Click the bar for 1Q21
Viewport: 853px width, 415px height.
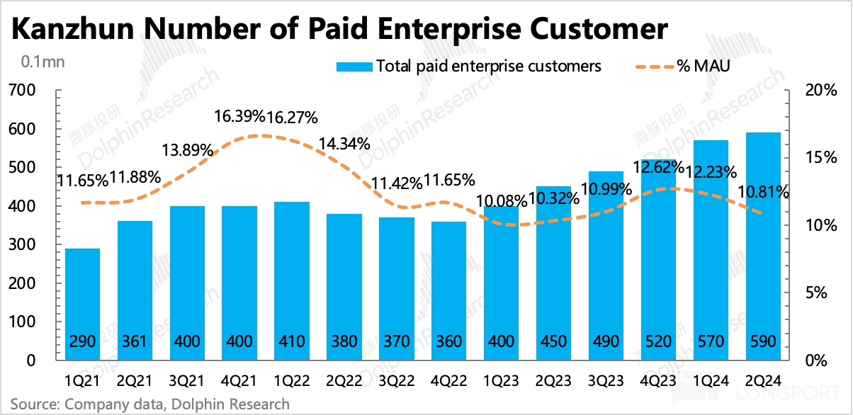tap(83, 305)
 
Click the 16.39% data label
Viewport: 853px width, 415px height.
tap(240, 116)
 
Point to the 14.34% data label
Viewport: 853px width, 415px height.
tap(345, 142)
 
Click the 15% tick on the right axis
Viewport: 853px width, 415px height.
tap(812, 158)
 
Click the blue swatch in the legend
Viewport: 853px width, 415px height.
tap(354, 66)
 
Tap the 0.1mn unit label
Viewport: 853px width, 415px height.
tap(43, 62)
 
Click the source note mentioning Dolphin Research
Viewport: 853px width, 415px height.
tap(149, 404)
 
